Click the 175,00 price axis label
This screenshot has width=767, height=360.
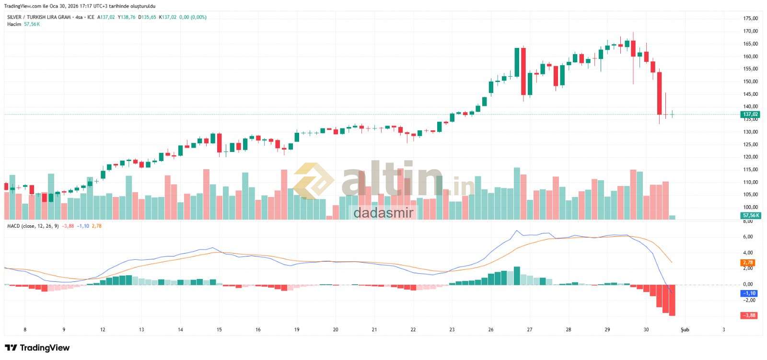tap(750, 18)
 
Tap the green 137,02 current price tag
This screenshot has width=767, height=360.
tap(750, 115)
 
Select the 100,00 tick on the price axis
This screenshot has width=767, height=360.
tap(750, 207)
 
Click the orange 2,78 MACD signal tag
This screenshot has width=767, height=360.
tap(748, 263)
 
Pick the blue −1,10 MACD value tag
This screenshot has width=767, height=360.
tap(749, 293)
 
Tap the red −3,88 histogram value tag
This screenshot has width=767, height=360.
tap(749, 315)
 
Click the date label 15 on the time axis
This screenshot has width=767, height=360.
tap(219, 330)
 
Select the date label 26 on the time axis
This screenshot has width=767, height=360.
tap(491, 330)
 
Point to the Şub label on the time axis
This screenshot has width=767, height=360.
tap(685, 330)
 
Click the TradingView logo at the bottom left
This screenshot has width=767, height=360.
tap(37, 348)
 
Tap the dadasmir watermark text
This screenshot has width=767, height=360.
tap(383, 213)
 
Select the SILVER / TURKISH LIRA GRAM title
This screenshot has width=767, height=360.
tap(39, 17)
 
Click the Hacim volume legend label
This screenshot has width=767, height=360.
tap(14, 24)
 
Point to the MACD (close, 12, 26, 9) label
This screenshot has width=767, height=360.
tap(33, 226)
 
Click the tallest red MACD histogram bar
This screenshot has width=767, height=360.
tap(672, 300)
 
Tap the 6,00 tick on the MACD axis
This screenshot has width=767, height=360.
tap(748, 237)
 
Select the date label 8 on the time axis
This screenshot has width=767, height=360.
tap(25, 330)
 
